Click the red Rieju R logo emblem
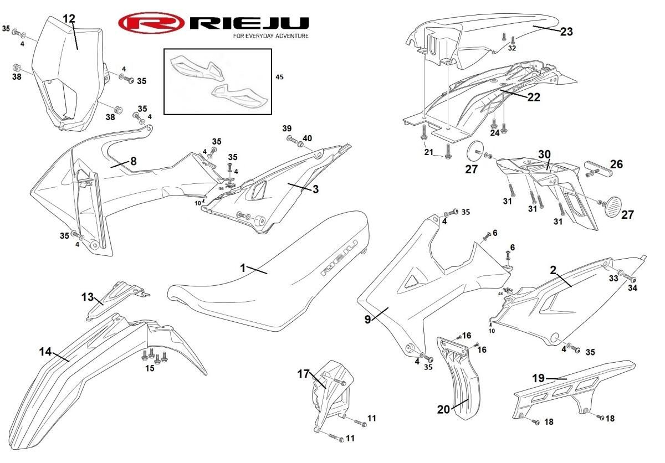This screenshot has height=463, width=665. (151, 23)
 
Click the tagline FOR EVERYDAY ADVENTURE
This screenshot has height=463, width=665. (271, 36)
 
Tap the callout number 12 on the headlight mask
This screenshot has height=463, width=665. (69, 19)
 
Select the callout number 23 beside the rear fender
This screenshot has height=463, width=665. (566, 32)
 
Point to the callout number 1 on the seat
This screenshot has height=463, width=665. (243, 268)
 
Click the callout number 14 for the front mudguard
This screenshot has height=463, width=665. (45, 352)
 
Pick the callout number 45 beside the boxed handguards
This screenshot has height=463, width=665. (279, 77)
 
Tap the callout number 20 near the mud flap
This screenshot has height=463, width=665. (443, 410)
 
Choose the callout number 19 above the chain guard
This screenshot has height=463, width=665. (538, 378)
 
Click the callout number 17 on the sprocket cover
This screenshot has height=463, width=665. (304, 374)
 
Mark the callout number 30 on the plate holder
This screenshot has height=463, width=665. (544, 154)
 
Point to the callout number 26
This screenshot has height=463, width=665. (616, 164)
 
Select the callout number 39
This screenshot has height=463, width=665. (287, 128)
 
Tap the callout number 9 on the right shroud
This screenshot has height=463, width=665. (368, 320)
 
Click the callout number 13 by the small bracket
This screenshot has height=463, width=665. (88, 297)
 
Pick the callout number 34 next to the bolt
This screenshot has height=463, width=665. (633, 287)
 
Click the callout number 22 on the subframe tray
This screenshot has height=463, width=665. (534, 97)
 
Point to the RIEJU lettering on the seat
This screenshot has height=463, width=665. (340, 258)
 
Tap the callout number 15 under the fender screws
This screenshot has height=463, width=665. (150, 368)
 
